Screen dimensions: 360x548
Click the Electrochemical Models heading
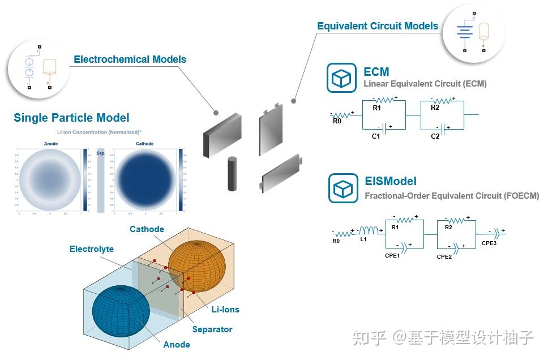130,59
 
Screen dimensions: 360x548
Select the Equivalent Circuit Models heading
377,26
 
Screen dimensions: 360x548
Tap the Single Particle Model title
71,118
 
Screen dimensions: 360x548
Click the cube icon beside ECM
341,78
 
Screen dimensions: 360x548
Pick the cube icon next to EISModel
343,188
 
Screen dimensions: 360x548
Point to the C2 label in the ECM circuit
435,136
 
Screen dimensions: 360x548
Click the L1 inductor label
363,239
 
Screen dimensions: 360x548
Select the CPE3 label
489,243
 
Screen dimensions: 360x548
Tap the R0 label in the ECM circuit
337,121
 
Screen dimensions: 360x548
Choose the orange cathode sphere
196,265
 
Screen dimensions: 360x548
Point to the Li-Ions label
225,310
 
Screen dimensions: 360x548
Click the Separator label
212,329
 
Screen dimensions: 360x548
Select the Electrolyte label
92,249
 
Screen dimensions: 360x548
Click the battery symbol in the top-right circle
464,32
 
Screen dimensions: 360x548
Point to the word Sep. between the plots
101,153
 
